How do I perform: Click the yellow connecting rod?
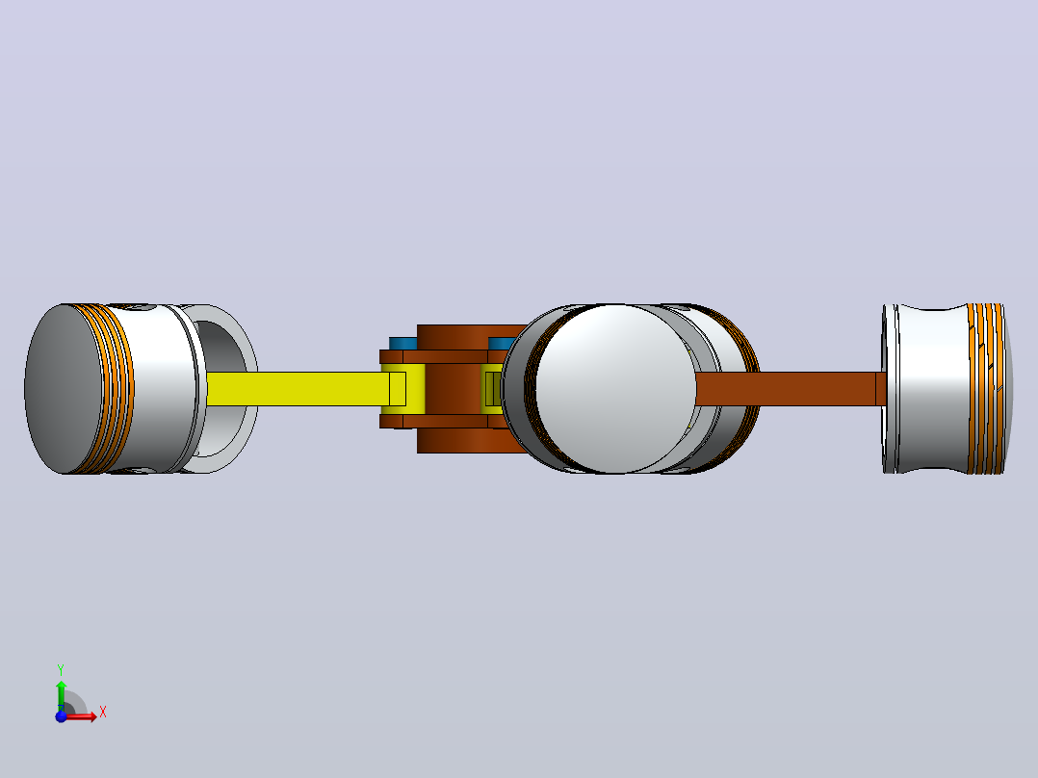click(298, 389)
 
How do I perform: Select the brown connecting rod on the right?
click(788, 389)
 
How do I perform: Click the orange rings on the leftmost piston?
click(114, 389)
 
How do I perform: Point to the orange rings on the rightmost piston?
click(985, 389)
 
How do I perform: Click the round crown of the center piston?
click(615, 389)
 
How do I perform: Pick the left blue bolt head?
click(402, 344)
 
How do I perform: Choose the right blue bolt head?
click(501, 344)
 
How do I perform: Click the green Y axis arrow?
click(61, 695)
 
